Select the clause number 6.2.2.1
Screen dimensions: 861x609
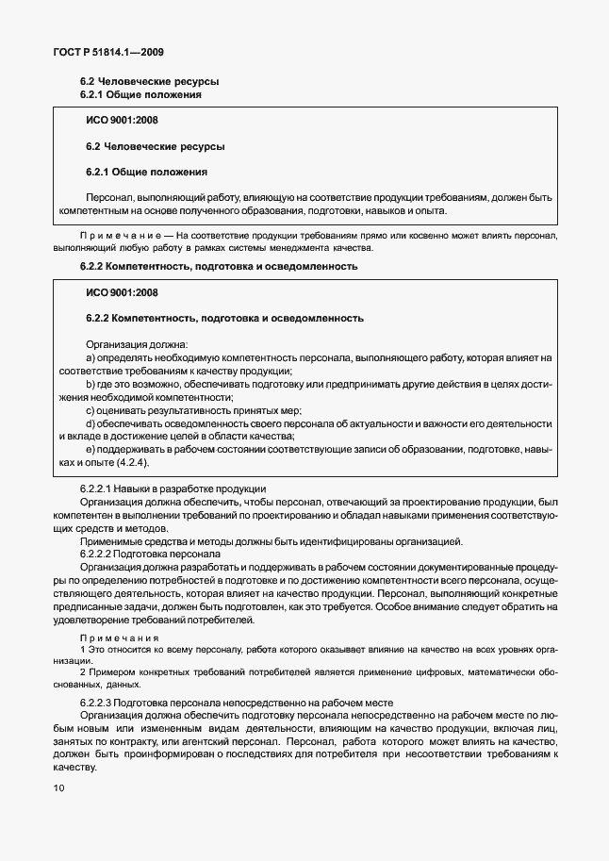click(98, 489)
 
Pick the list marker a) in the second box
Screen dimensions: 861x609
click(91, 358)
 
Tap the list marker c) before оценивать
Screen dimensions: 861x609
click(91, 411)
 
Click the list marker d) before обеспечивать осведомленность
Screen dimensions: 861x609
click(91, 424)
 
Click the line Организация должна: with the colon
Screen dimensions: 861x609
click(137, 345)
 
